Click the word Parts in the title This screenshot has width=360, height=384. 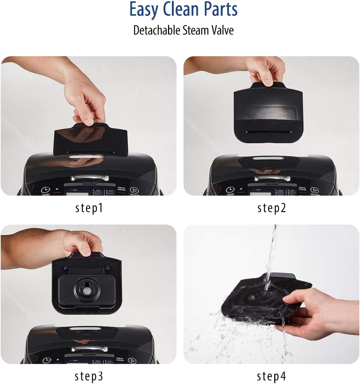coord(219,10)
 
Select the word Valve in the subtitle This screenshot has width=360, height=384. coord(221,30)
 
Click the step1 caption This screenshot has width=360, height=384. coord(89,208)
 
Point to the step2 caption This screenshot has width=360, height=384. coord(272,208)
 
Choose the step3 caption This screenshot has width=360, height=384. coord(89,376)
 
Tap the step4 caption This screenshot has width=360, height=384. coord(272,376)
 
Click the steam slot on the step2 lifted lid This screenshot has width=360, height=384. coord(268,132)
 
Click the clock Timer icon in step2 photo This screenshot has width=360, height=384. coord(231,190)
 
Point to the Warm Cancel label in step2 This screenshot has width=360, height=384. coord(302,190)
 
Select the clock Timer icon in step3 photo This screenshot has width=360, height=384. coord(47,360)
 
